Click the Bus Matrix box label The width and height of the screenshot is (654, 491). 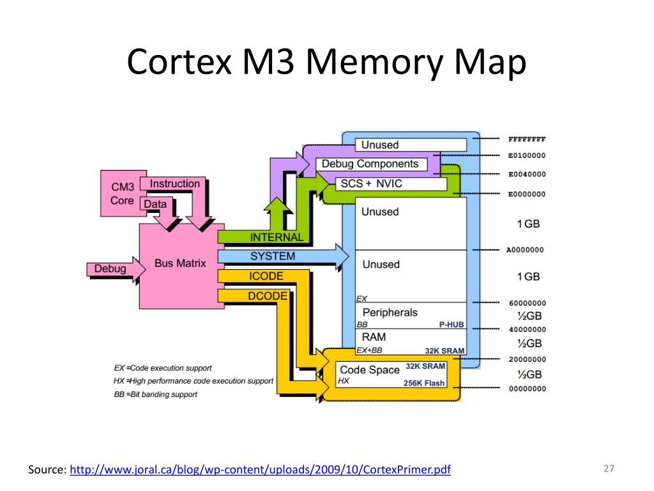coord(180,263)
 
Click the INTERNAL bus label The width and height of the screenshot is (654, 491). coord(276,237)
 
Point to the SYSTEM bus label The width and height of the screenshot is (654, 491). coord(273,256)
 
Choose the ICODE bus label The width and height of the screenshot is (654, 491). coord(266,276)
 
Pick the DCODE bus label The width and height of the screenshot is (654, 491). coord(267,296)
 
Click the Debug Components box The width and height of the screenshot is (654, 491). coord(370,164)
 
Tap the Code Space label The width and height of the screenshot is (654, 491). coord(369,370)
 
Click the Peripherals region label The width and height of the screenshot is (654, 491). coord(390,312)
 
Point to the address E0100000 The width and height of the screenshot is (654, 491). coord(526,155)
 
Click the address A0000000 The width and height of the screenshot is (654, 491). coord(525,250)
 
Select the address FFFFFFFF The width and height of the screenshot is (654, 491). coord(526,139)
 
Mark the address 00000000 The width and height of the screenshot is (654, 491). coord(526,388)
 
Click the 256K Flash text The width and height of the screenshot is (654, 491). coord(423,383)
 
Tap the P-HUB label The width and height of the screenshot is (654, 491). coord(451,325)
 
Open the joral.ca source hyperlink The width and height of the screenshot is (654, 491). coord(260,470)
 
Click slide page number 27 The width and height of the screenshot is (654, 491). coord(608,469)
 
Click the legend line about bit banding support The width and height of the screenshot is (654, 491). coord(156,394)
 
